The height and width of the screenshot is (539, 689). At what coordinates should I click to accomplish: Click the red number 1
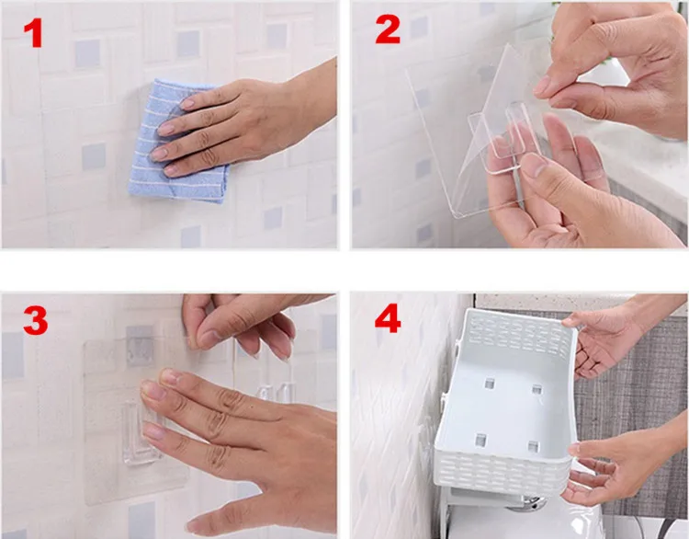tap(34, 32)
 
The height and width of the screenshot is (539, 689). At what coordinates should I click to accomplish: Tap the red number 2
tap(388, 29)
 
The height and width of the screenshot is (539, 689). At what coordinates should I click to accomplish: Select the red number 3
tap(36, 320)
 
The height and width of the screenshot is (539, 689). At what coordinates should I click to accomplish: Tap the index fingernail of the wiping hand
tap(187, 103)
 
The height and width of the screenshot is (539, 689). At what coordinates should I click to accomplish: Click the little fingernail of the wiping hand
tap(170, 170)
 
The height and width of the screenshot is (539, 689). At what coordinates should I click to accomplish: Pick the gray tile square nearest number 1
tap(86, 53)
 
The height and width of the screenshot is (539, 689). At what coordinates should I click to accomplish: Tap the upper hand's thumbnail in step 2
tap(543, 86)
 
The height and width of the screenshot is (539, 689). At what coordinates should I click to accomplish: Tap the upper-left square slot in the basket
tap(489, 384)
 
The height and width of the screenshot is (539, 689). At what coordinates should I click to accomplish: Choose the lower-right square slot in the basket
tap(534, 446)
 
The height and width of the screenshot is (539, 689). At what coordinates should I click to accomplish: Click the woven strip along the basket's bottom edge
tap(501, 473)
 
